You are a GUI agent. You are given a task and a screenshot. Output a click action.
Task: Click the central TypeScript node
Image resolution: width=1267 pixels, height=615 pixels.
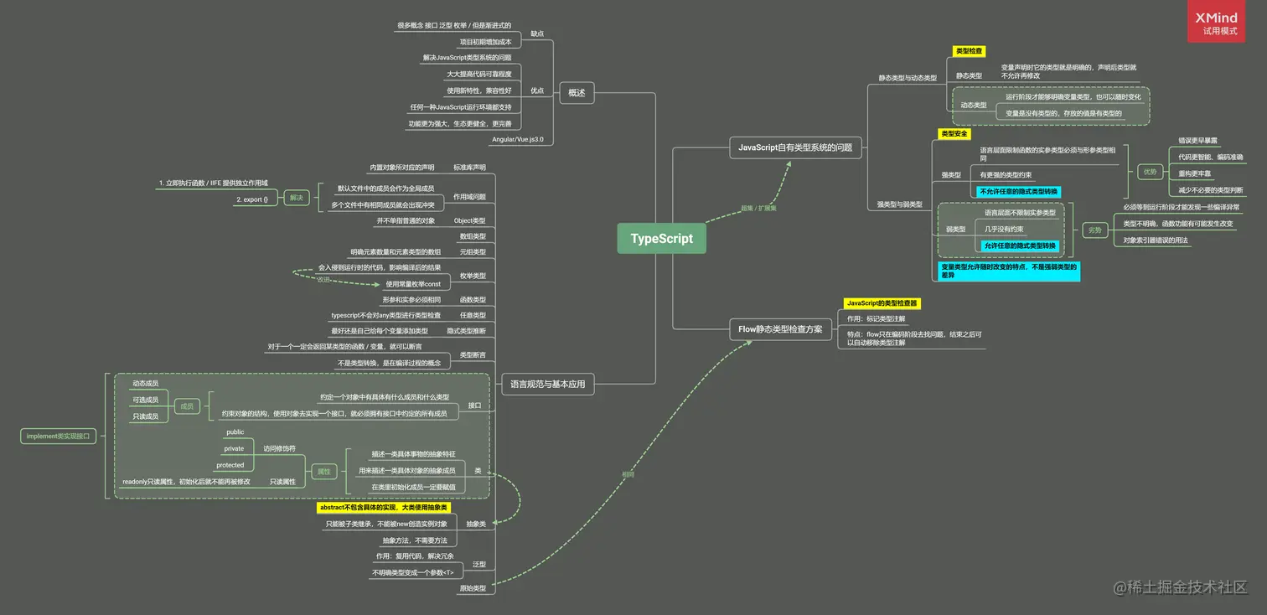(x=661, y=239)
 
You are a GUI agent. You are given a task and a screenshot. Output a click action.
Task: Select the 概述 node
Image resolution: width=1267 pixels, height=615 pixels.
(x=577, y=93)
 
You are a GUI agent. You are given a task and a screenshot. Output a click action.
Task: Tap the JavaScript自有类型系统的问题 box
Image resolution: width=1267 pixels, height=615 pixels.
(x=794, y=147)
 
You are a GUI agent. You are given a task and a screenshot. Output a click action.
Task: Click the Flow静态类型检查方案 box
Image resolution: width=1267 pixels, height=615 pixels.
(x=781, y=329)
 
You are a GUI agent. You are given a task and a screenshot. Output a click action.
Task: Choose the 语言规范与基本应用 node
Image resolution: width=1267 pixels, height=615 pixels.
(x=548, y=385)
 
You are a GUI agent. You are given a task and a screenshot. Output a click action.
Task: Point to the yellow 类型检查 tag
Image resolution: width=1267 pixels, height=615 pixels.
(x=970, y=51)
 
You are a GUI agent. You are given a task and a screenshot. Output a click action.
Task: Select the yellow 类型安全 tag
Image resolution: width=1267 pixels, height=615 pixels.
(x=954, y=133)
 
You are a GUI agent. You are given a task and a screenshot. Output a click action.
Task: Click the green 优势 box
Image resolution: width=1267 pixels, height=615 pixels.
(x=1150, y=172)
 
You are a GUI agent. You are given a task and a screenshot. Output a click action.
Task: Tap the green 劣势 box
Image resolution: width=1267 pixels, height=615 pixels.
(x=1095, y=230)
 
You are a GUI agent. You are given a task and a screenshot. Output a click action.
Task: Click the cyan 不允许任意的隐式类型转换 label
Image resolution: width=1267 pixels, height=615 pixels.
(x=1018, y=191)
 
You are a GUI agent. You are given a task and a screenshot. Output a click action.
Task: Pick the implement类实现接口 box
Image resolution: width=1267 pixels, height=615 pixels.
(x=58, y=436)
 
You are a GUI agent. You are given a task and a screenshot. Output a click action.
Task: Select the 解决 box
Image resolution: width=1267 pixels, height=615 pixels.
(x=297, y=198)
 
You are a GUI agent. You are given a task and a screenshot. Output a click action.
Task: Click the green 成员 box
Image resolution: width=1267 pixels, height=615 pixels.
(x=186, y=406)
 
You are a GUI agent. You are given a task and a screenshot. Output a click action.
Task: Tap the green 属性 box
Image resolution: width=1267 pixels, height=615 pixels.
(x=323, y=472)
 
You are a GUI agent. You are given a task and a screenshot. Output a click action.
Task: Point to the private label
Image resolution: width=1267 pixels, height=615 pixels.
(x=234, y=448)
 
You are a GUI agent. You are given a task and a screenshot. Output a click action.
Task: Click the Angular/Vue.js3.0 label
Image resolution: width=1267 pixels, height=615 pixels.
(x=517, y=139)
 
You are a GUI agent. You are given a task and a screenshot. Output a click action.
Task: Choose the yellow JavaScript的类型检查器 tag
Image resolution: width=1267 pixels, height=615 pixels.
(x=882, y=303)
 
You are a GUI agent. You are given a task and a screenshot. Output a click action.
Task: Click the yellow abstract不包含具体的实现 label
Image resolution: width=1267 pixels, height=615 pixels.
(x=384, y=508)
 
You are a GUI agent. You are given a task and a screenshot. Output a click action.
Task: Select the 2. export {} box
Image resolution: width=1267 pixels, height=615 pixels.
(x=252, y=199)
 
